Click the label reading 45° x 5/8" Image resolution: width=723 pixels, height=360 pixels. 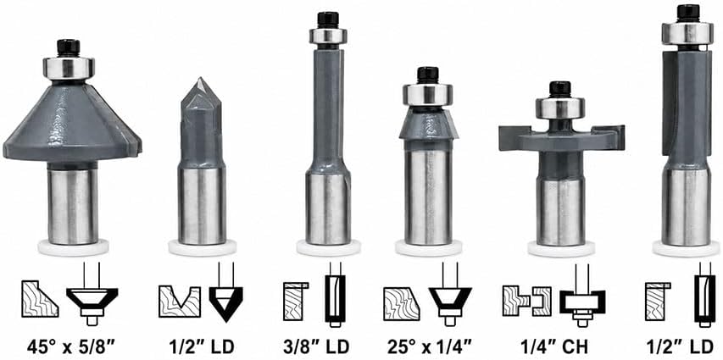(70, 346)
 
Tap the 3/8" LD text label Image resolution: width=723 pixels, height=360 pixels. (316, 346)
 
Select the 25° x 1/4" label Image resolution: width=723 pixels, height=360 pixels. (429, 346)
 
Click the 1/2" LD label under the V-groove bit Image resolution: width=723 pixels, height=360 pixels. (201, 346)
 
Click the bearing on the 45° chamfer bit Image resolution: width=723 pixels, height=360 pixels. (69, 68)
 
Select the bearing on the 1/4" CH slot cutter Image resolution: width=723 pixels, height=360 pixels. (560, 108)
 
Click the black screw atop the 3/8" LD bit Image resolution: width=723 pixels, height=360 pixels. (328, 19)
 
